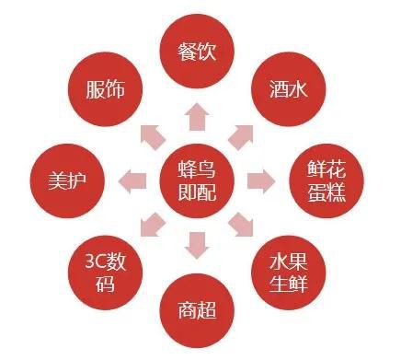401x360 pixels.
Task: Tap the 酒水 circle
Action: coord(289,88)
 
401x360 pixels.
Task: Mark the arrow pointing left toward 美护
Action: coord(132,178)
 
